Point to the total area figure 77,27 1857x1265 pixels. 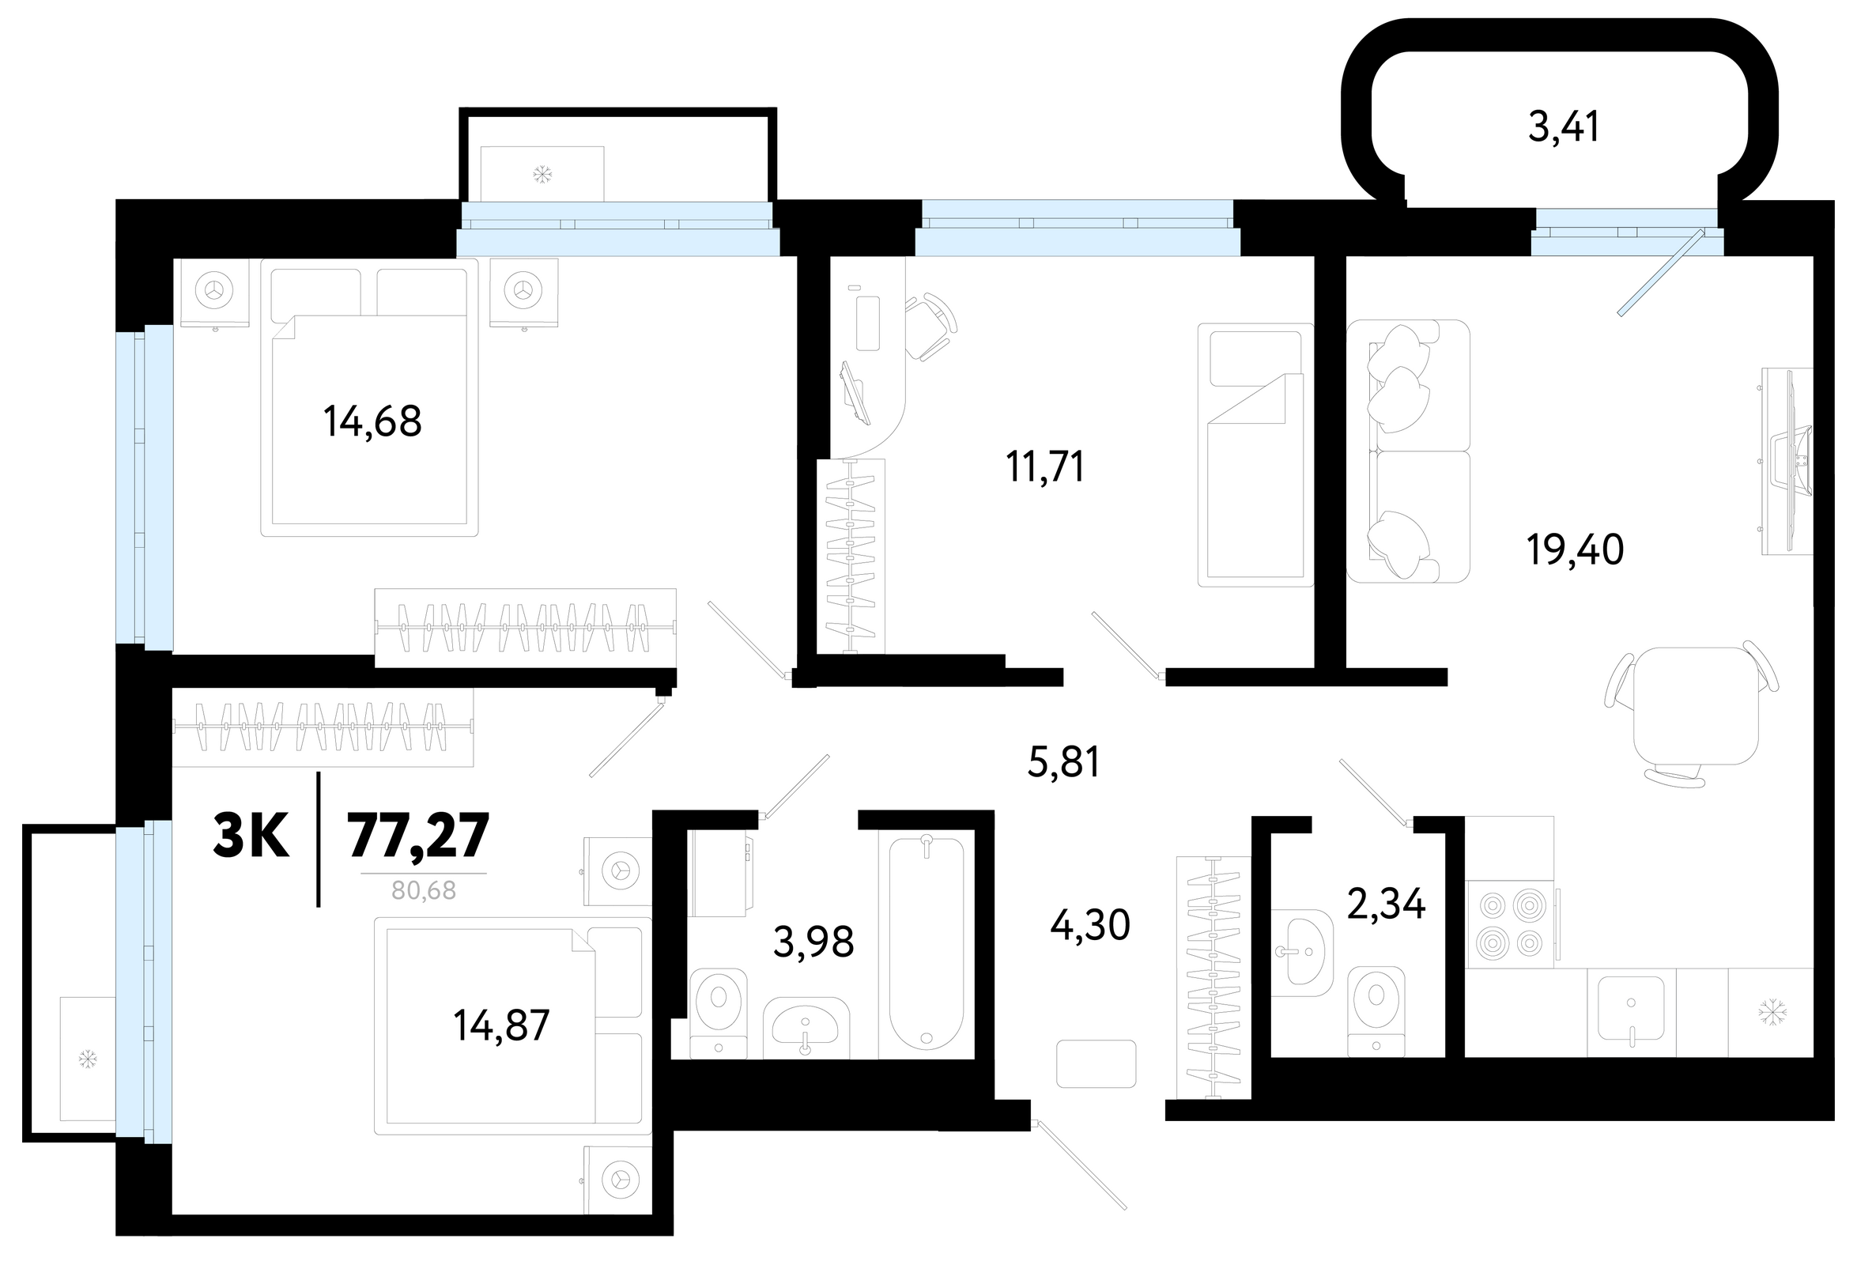pos(418,836)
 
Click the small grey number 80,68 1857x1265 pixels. pos(424,890)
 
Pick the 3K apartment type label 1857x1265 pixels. pos(251,836)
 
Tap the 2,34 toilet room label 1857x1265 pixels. pos(1387,904)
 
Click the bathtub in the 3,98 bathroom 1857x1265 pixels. pos(926,943)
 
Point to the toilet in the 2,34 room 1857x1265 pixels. pos(1376,1011)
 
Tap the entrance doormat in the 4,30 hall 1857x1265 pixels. pos(1096,1063)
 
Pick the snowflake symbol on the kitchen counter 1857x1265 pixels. pos(1772,1013)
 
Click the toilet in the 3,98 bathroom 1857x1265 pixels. pos(719,1013)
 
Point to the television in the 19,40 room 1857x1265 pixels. pos(1791,461)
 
